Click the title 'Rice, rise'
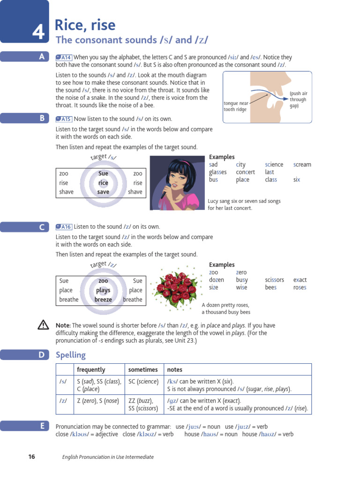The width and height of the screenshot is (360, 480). [x=85, y=24]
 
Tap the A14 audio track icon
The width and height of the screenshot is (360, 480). [x=64, y=57]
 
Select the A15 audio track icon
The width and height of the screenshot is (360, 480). [x=64, y=119]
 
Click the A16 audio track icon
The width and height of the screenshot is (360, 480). [x=64, y=227]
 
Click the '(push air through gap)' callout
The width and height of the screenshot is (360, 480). [x=298, y=99]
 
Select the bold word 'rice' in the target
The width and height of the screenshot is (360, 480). [x=103, y=183]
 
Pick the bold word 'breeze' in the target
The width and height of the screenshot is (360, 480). [x=103, y=300]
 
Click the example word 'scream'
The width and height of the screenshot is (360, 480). [x=302, y=165]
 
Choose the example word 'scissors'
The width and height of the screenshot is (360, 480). [x=274, y=280]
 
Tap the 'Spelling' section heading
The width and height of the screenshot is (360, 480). [x=70, y=355]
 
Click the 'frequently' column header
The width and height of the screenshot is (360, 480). [x=91, y=370]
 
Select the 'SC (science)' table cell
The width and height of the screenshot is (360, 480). [x=143, y=382]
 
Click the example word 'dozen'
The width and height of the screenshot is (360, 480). [x=216, y=280]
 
